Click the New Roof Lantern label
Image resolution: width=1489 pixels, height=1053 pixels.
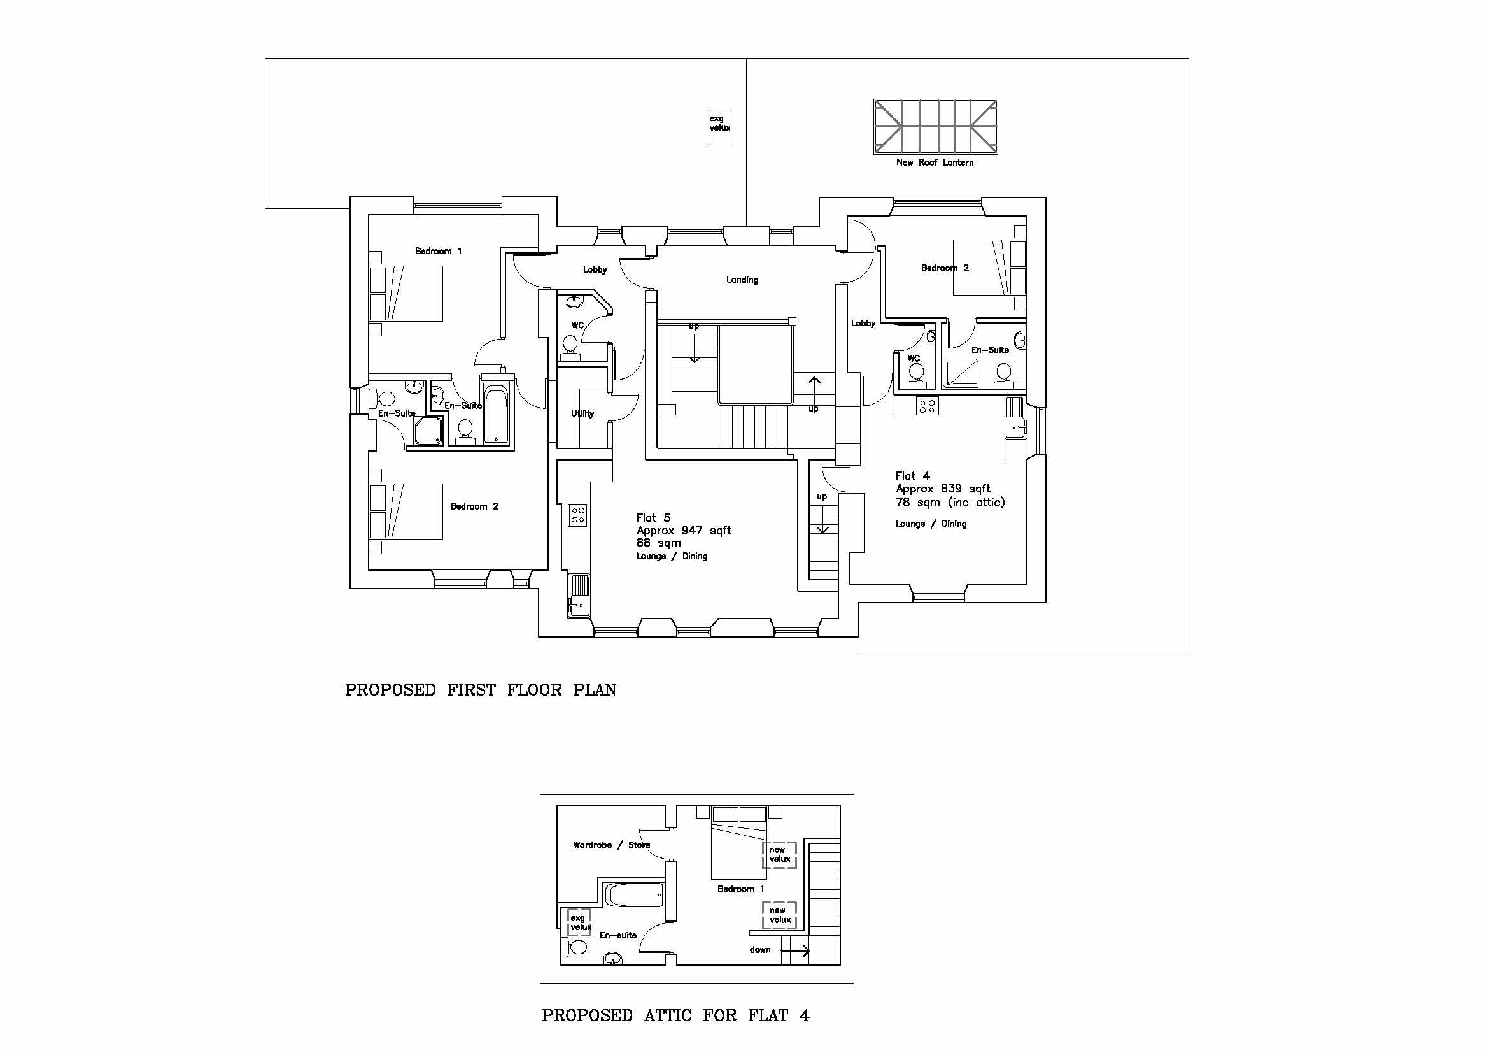point(935,163)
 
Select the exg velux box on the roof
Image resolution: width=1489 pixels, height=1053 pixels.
point(719,126)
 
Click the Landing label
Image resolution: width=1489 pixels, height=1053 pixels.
point(742,280)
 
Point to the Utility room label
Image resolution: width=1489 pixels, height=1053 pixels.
point(582,413)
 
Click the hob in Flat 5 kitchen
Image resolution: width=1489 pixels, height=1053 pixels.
point(578,515)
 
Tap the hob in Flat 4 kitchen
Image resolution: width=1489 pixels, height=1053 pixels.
point(927,406)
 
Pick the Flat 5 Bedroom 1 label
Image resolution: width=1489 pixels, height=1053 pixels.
point(439,251)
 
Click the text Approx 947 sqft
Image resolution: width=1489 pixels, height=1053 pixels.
point(684,531)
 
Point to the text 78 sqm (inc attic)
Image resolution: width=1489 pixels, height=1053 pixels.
point(950,502)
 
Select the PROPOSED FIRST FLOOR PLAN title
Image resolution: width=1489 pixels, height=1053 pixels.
point(481,690)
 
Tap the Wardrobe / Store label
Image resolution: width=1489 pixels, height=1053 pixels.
point(611,845)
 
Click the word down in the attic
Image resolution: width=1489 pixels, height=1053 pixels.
point(760,950)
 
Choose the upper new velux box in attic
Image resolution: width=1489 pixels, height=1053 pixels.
point(779,854)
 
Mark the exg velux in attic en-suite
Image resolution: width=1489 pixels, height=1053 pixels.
point(579,922)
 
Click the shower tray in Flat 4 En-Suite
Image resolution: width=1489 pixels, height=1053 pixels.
point(961,372)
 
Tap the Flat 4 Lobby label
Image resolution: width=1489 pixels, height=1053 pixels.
point(863,323)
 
